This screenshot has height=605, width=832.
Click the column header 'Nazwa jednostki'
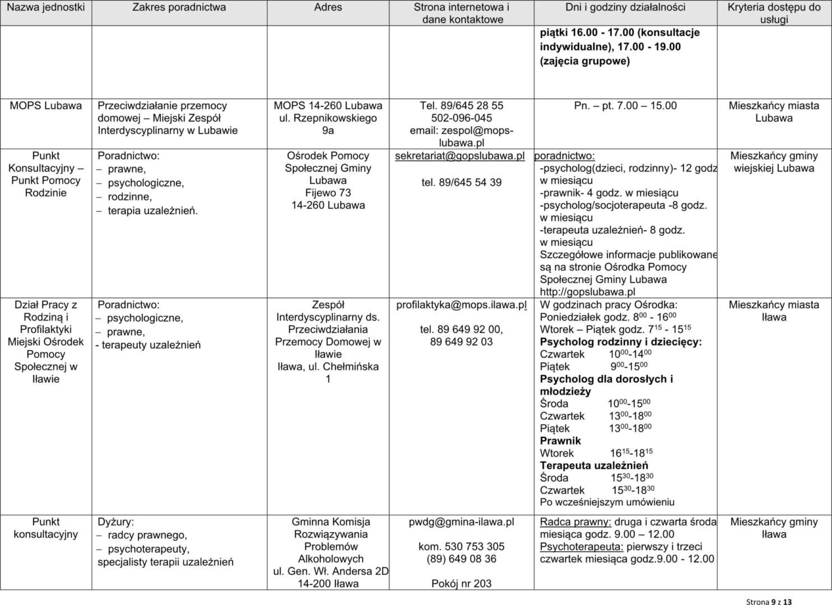click(46, 7)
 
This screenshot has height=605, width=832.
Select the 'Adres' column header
click(328, 7)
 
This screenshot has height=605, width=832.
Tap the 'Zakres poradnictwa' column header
click(179, 7)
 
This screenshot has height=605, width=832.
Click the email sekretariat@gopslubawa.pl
click(460, 156)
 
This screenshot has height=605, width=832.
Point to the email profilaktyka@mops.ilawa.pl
click(462, 305)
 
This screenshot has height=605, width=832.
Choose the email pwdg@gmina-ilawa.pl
click(461, 522)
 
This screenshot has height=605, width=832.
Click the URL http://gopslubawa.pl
click(587, 292)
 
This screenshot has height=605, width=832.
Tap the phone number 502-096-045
click(462, 118)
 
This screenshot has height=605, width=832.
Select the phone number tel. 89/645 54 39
click(462, 182)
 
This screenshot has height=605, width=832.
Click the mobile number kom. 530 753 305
click(461, 546)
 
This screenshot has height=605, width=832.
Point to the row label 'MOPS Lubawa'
click(46, 105)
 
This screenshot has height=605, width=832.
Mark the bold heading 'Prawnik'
click(560, 441)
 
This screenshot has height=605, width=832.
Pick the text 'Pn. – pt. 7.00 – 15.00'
click(625, 105)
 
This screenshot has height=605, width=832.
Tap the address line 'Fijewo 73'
click(328, 193)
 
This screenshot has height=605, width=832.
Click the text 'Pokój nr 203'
click(461, 584)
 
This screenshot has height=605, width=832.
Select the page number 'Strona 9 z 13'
click(769, 602)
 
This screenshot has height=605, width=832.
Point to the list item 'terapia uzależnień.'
click(153, 211)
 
